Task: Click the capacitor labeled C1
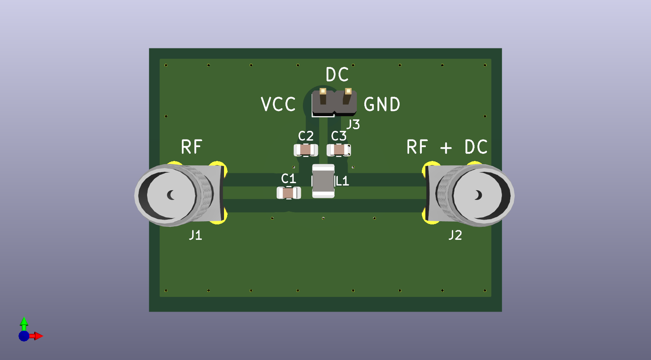[289, 193]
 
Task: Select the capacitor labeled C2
[306, 150]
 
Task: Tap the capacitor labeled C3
[339, 150]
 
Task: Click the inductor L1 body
[323, 181]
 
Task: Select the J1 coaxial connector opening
[171, 195]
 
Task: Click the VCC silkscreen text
[278, 105]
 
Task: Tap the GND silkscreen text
[382, 105]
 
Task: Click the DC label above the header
[337, 75]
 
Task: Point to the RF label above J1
[191, 147]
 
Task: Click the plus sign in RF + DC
[446, 148]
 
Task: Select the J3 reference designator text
[353, 124]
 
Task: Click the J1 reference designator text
[195, 236]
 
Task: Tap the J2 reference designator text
[455, 236]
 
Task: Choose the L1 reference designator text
[342, 181]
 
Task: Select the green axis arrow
[24, 322]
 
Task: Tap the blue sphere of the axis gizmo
[24, 336]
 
